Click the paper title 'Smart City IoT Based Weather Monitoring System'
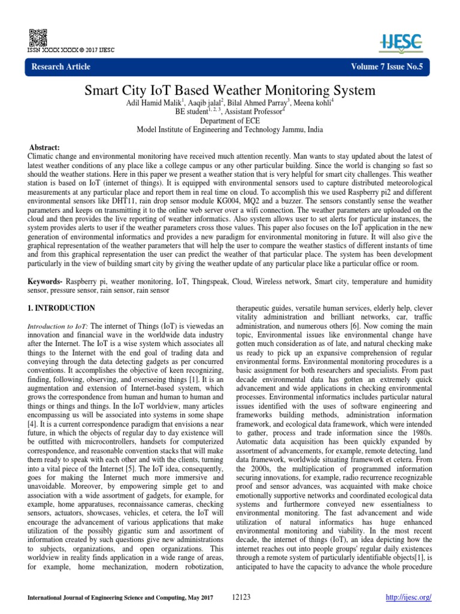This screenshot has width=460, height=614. (x=229, y=91)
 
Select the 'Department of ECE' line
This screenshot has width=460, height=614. (x=229, y=120)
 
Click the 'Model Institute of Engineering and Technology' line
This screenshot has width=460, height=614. (x=229, y=128)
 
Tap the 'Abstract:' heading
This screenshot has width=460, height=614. (x=45, y=148)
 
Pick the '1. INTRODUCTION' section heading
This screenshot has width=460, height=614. (x=62, y=308)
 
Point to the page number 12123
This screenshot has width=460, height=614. (x=240, y=598)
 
